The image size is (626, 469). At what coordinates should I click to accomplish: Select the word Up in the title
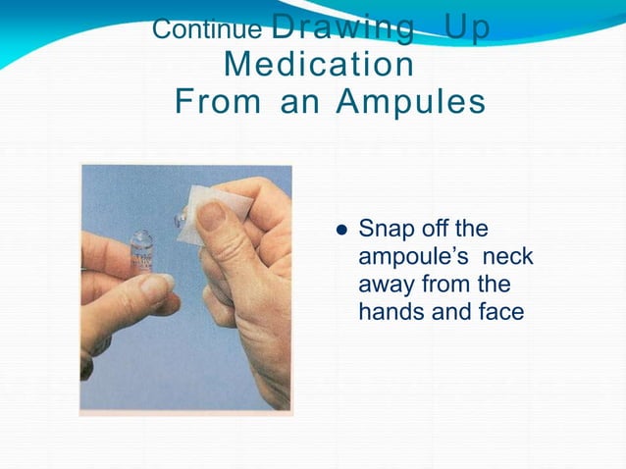[466, 27]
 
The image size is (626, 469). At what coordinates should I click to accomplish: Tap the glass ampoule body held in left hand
[144, 258]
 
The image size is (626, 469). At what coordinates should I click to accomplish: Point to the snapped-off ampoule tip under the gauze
[181, 221]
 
